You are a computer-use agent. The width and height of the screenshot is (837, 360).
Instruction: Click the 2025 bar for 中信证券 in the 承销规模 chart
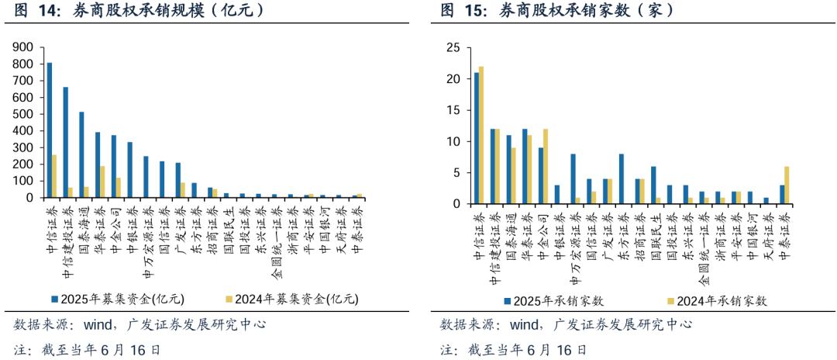pos(50,130)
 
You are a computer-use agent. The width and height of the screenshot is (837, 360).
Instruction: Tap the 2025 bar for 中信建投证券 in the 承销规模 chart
pos(65,143)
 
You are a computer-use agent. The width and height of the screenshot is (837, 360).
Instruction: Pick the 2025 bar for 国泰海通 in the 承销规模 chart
pos(81,155)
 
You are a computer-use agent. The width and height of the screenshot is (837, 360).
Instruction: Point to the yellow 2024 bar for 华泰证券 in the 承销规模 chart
pos(102,182)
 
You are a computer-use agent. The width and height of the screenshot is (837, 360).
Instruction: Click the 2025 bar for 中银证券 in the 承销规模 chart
pos(129,170)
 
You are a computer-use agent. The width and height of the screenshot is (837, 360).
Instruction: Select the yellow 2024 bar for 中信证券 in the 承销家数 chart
pos(481,136)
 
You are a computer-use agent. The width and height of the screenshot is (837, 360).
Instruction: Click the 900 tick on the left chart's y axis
pos(22,47)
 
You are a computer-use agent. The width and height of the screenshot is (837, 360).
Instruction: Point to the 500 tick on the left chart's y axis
pos(22,114)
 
